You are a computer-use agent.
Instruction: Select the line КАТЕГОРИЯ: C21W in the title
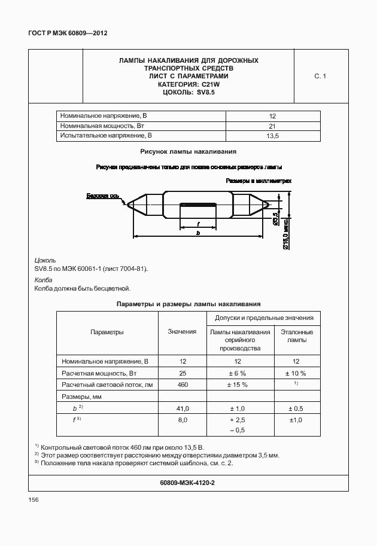pos(188,84)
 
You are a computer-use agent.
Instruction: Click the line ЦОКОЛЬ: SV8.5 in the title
pos(188,93)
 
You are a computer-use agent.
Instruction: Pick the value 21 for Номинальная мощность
pos(272,126)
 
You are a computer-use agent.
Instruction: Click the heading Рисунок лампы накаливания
pos(188,152)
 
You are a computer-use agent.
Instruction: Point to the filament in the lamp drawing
pos(198,205)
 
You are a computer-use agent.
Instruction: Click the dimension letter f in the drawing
pos(198,224)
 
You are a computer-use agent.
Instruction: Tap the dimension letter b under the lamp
pos(198,233)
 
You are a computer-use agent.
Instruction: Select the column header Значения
pos(182,332)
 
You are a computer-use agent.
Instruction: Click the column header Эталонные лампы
pos(296,335)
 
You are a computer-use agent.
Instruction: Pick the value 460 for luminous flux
pos(182,385)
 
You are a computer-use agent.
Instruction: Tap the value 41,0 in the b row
pos(182,408)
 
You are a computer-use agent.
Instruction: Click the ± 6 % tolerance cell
pos(237,373)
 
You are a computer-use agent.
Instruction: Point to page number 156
pos(34,500)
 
